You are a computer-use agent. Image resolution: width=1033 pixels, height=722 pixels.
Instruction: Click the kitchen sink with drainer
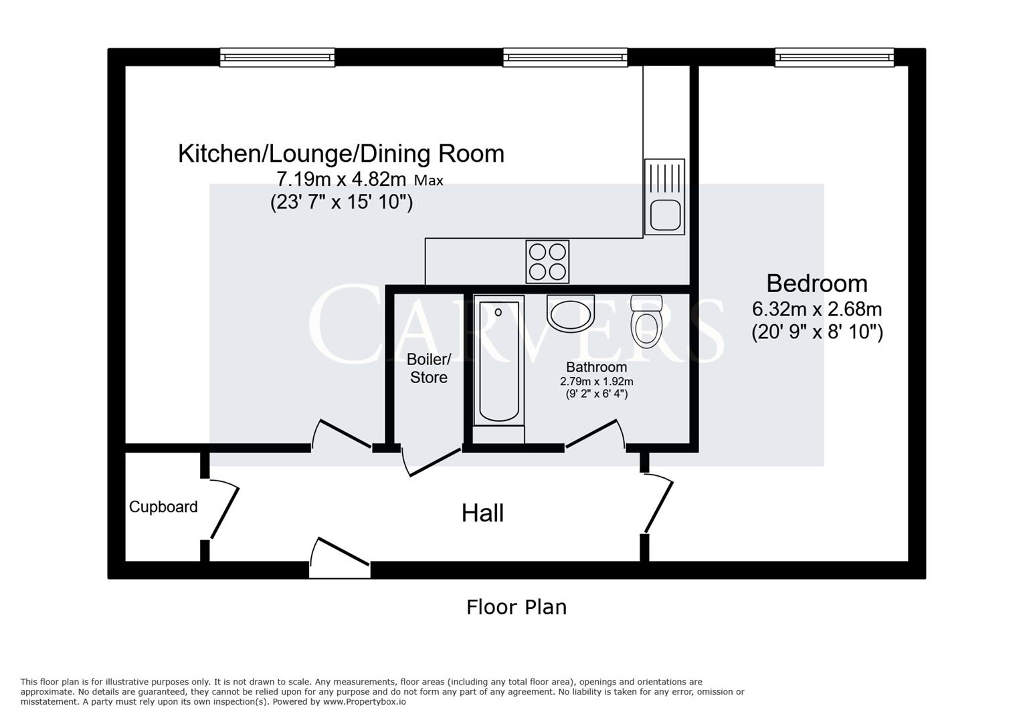664,197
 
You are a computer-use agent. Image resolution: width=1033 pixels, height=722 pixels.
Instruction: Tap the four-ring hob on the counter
548,261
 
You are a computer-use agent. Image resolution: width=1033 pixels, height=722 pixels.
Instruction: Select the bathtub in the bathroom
499,360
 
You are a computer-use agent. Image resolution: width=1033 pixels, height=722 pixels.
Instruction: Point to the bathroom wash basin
570,314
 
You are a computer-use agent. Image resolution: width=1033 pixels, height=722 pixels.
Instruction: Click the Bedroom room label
816,283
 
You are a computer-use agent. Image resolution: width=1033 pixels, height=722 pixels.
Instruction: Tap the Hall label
482,513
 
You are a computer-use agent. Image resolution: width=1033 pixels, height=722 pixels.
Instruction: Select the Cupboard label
163,507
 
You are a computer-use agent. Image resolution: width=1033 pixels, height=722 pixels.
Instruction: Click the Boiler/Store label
429,368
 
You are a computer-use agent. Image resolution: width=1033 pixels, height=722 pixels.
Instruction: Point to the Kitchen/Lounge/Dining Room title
341,154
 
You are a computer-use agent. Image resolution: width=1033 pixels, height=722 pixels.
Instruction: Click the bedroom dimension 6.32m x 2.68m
817,310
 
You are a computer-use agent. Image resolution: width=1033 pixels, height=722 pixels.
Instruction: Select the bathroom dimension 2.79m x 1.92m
596,382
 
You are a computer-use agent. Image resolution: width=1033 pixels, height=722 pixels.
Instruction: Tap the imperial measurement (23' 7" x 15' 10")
341,201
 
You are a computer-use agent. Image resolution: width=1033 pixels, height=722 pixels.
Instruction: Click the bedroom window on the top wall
834,57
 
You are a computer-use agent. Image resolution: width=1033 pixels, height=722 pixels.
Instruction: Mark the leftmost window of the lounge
277,57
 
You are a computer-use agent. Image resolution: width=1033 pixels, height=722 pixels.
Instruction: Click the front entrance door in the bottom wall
340,559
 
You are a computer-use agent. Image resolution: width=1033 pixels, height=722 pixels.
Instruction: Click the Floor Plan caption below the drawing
516,607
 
